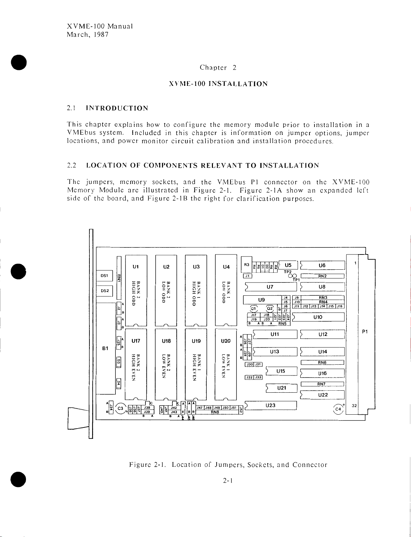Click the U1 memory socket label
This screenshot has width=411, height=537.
(136, 266)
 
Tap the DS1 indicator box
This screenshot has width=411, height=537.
(104, 275)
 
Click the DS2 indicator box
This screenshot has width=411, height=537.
(104, 290)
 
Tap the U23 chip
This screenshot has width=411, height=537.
(271, 405)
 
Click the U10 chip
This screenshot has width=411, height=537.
(318, 317)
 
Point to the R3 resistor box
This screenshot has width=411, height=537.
(247, 265)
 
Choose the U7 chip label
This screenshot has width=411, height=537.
(270, 287)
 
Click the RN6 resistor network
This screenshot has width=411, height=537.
(322, 362)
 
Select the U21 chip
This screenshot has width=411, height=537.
(281, 388)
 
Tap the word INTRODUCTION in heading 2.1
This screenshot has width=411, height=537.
(117, 108)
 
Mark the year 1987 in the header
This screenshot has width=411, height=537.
(100, 34)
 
